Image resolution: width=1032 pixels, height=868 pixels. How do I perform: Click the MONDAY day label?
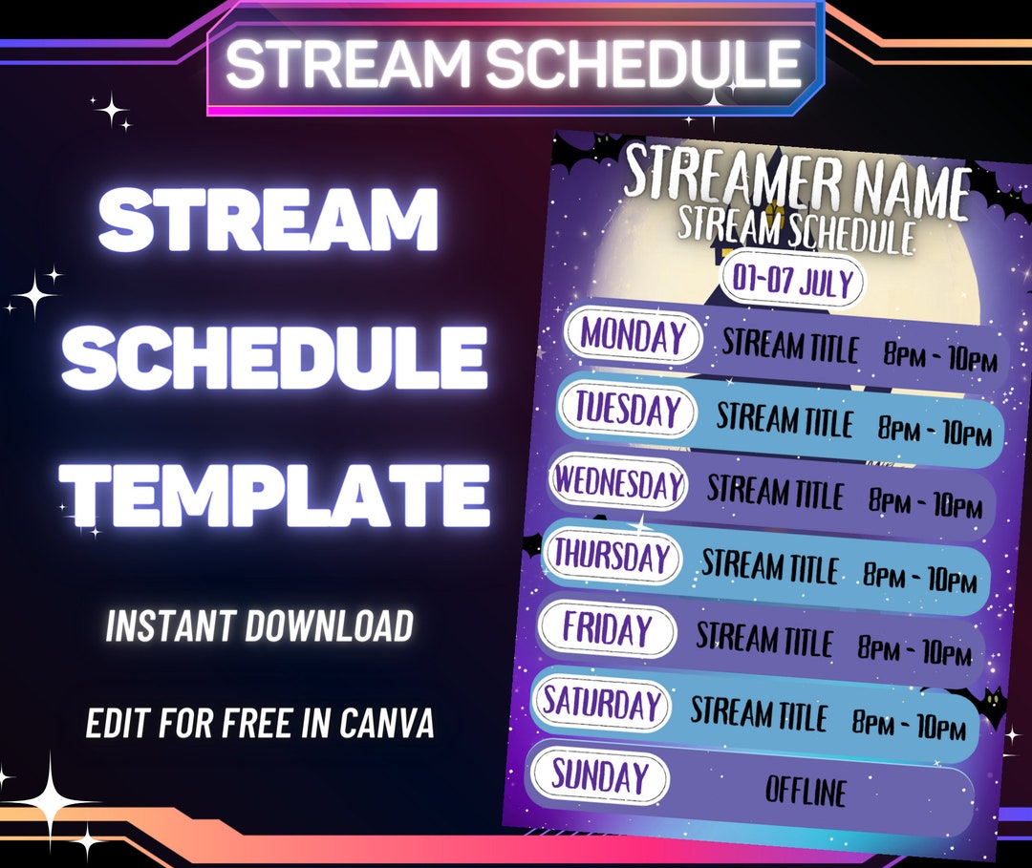coord(634,336)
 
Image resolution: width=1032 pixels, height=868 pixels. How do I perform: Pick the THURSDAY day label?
coord(613,556)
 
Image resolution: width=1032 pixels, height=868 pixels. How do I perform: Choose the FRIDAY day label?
coord(607,629)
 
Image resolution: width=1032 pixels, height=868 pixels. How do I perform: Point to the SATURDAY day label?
coord(602,704)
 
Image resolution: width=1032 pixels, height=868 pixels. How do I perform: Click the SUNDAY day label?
coord(599,776)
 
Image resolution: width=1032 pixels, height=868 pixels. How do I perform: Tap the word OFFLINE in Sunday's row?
coord(806,791)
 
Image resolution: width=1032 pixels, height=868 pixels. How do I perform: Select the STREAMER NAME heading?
coord(796,182)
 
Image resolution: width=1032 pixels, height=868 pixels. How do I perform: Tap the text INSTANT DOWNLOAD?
coord(260,626)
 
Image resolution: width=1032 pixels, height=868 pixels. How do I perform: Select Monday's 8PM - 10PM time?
coord(940,359)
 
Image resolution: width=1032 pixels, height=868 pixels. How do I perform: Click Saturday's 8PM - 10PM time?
coord(909,725)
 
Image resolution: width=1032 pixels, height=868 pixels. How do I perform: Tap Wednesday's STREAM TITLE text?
coord(775,493)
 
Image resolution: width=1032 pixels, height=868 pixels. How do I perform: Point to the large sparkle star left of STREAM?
coord(34,295)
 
